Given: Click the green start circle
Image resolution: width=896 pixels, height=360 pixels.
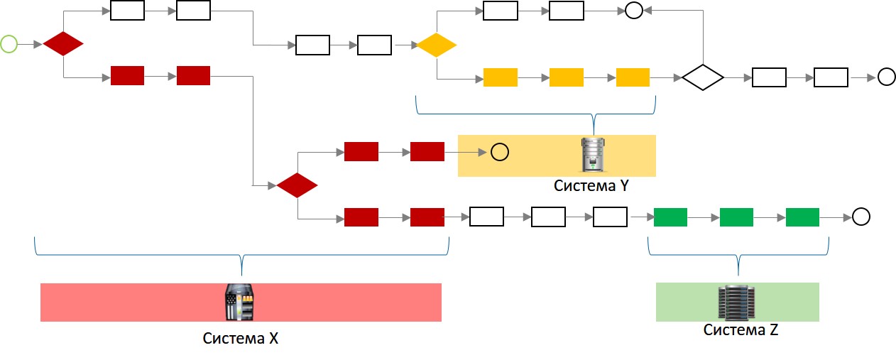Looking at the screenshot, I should point(9,44).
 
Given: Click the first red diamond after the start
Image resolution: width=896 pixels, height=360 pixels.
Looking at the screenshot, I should point(63,44).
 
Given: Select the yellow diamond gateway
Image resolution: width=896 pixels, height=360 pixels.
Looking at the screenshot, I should point(436,45).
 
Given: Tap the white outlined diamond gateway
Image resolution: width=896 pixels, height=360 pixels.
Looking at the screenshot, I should point(703,77).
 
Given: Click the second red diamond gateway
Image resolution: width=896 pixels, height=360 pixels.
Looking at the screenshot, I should point(297,185).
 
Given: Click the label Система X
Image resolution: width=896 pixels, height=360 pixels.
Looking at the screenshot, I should point(241,339).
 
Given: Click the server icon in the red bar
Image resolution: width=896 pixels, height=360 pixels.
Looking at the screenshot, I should point(240,302).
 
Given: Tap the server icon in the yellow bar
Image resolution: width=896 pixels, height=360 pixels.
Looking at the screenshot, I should point(591,155).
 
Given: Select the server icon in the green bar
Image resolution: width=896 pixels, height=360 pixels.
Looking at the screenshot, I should point(737,302).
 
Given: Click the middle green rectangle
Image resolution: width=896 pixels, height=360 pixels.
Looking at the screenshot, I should point(736,217).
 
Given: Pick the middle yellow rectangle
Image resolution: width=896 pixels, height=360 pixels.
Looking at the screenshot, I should point(567,77).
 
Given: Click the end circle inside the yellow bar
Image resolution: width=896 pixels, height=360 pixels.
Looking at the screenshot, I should point(499,152).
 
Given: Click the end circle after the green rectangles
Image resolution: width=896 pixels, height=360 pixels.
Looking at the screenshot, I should point(861,217).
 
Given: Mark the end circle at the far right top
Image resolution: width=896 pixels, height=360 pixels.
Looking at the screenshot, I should point(886,77).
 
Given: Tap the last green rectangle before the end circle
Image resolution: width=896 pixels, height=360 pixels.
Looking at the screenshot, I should point(803,217).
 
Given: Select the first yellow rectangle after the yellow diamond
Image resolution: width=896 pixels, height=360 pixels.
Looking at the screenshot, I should point(501,77).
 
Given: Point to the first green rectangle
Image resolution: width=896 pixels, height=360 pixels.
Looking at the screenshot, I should point(670,217).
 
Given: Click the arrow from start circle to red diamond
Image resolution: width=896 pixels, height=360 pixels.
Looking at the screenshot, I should point(30,44).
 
